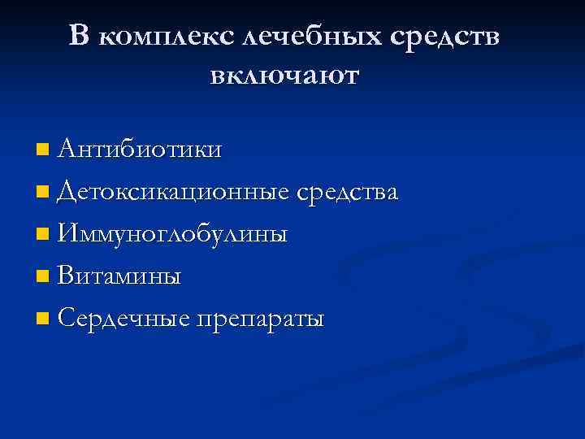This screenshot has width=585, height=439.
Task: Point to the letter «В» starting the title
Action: pyautogui.click(x=79, y=35)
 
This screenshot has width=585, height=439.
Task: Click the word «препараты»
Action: pyautogui.click(x=258, y=320)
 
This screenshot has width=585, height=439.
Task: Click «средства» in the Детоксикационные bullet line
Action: pyautogui.click(x=347, y=193)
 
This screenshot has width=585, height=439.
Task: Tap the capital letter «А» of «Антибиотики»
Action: pyautogui.click(x=68, y=149)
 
